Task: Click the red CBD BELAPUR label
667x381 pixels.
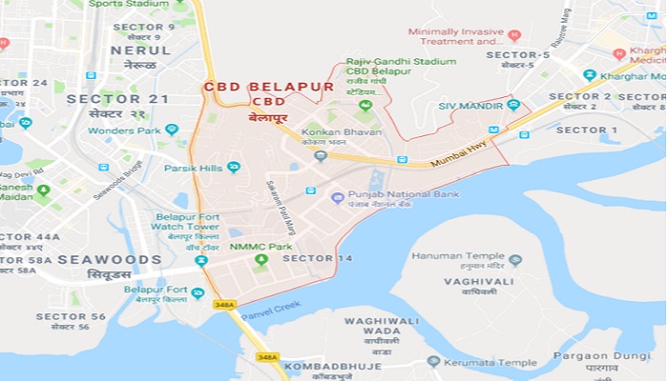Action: tap(268, 87)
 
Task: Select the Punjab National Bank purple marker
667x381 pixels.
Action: tap(336, 197)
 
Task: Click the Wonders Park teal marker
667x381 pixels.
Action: tap(172, 129)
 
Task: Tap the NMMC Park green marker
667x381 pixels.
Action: tap(260, 259)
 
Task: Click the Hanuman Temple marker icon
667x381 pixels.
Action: tap(515, 259)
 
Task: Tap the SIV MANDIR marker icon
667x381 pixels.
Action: tap(514, 105)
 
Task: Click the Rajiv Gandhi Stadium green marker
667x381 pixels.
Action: tap(364, 104)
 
